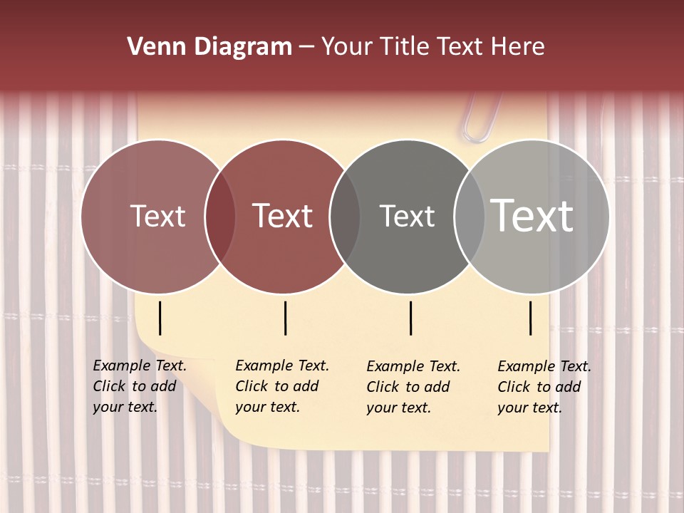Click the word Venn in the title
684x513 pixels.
click(153, 47)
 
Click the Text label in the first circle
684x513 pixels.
click(157, 216)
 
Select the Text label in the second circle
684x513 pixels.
click(282, 216)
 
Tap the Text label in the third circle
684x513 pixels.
click(407, 216)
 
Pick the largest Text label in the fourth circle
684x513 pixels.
click(532, 216)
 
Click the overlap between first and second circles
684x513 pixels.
click(220, 216)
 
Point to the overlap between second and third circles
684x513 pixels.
click(345, 216)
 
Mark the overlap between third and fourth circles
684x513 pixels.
click(469, 216)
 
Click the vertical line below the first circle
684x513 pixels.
click(160, 318)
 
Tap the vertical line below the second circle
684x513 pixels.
click(285, 318)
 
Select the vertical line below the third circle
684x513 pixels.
click(411, 318)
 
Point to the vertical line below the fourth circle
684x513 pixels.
click(531, 318)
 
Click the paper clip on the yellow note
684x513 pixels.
click(482, 118)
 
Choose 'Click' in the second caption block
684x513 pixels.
click(251, 386)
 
